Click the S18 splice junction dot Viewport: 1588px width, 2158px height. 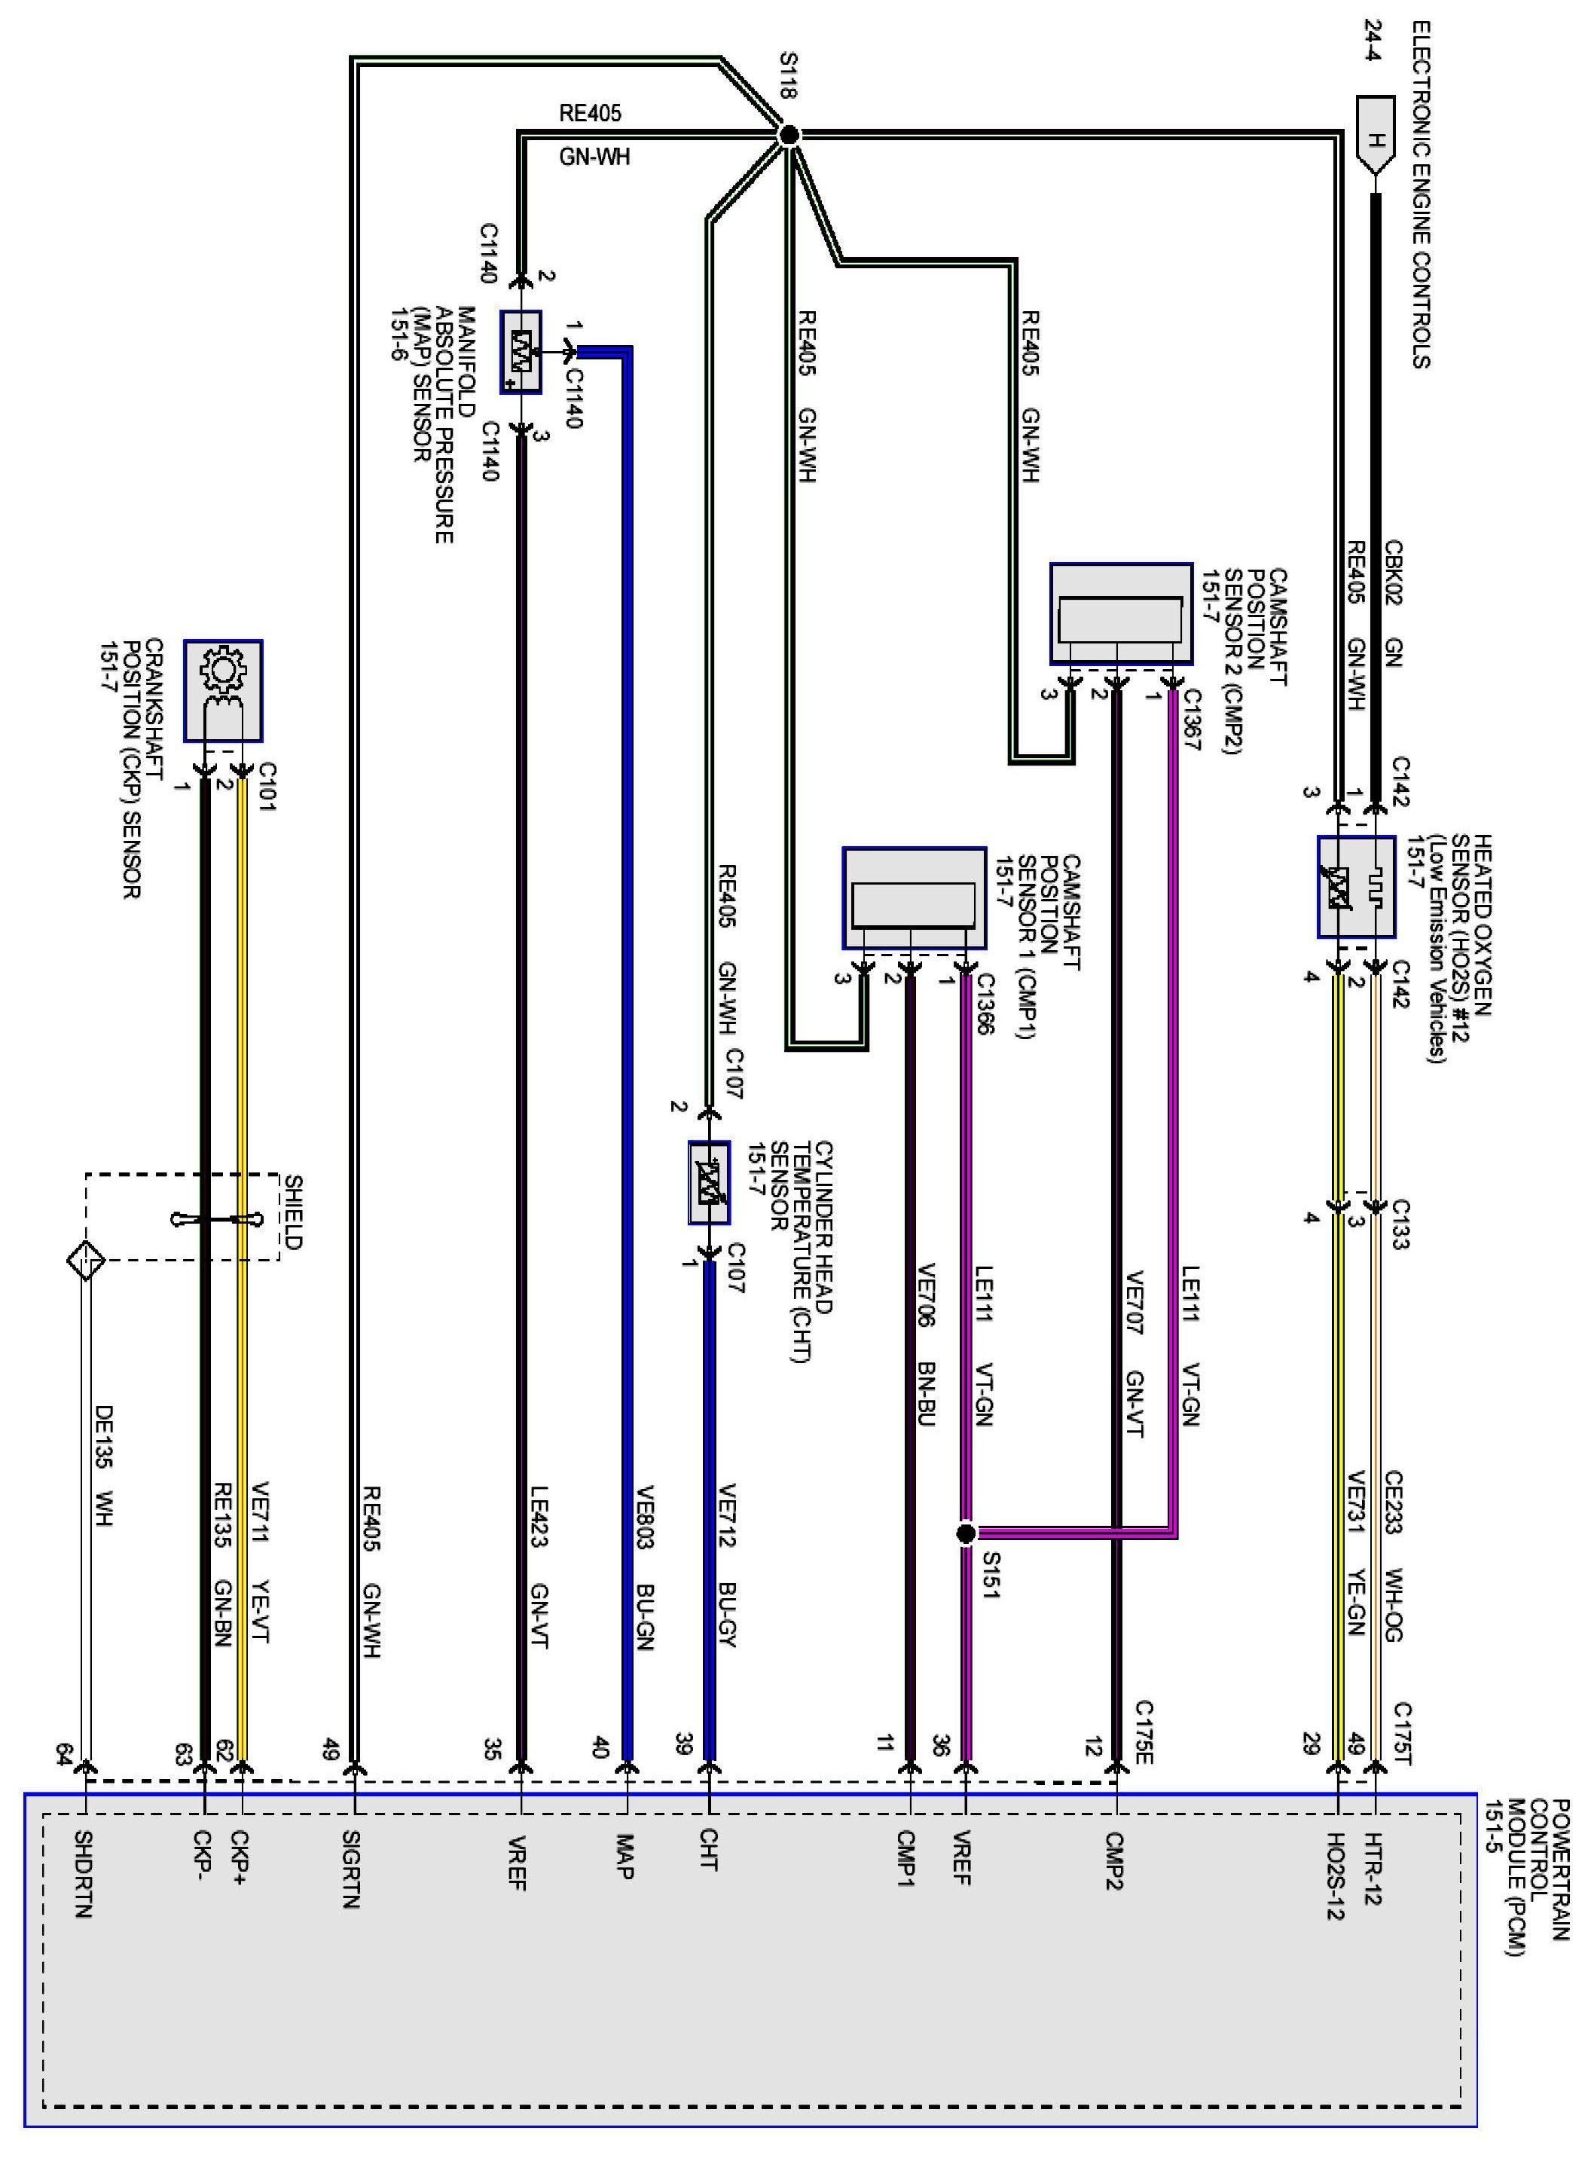(x=788, y=136)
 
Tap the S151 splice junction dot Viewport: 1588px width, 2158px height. (x=966, y=1533)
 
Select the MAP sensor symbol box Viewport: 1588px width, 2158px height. (x=521, y=352)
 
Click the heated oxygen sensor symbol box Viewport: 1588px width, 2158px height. (x=1355, y=886)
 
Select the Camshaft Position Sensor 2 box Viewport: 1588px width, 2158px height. (x=1121, y=613)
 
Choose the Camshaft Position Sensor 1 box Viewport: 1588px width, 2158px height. (x=915, y=898)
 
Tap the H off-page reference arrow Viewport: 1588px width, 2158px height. (x=1376, y=136)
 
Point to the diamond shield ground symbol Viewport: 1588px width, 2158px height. (x=86, y=1259)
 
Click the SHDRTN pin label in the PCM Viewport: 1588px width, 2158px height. (x=84, y=1875)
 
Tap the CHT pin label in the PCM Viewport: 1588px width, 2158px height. (x=708, y=1851)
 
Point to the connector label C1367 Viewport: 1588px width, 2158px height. (x=1193, y=719)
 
